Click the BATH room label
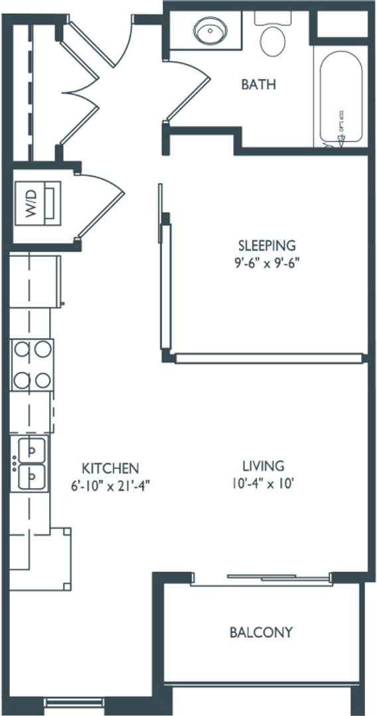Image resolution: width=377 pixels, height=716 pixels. click(x=258, y=85)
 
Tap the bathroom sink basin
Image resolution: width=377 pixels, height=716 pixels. click(x=210, y=30)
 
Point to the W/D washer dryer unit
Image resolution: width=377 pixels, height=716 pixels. click(x=38, y=202)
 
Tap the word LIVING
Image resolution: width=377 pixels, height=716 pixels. click(x=263, y=466)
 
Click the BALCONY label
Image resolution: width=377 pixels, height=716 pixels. click(x=261, y=632)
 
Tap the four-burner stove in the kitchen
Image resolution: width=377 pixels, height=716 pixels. click(x=32, y=364)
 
